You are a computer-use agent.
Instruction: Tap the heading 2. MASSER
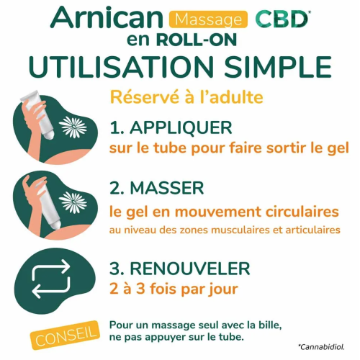pos(158,189)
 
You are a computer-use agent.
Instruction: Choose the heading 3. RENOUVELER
pos(179,269)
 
